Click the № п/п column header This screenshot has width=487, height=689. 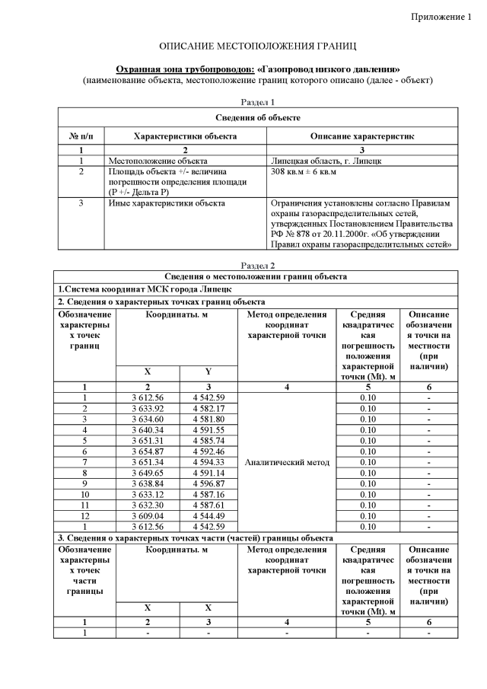(81, 136)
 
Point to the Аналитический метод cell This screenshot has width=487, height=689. (286, 461)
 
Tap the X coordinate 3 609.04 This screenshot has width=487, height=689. (148, 515)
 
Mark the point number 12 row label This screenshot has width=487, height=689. (84, 515)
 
